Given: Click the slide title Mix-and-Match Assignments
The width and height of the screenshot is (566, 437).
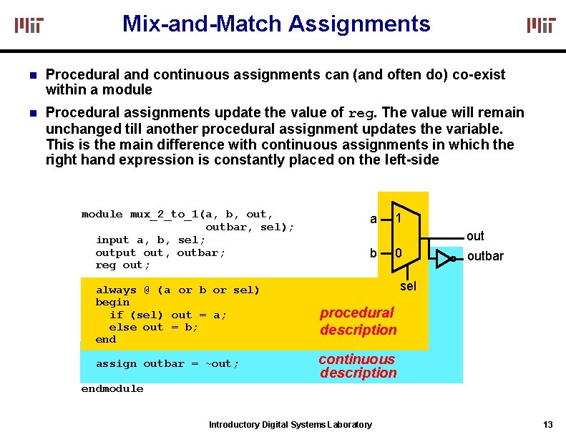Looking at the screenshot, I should pos(276,24).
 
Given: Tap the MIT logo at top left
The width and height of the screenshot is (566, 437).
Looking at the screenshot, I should pos(29,25).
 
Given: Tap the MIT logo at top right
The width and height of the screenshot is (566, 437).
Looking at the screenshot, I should pos(541,25).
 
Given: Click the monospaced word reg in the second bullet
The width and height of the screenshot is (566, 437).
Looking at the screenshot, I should pos(361,114).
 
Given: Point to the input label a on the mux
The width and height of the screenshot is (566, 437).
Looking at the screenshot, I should pos(373,219).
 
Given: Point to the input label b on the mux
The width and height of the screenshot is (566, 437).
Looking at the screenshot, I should pos(373,252).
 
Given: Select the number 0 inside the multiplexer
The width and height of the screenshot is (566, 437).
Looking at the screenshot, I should pos(399,253).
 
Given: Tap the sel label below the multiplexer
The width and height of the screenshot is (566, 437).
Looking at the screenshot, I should pos(408,286).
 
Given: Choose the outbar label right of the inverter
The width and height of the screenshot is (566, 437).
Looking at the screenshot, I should pos(485,256).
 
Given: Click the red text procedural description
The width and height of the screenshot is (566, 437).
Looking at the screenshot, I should pos(358,321).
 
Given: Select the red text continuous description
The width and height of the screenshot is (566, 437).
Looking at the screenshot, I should pos(357,365).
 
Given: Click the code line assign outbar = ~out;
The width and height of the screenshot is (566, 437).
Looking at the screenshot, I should pos(167,363).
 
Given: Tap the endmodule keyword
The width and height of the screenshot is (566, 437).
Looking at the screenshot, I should pos(112,388).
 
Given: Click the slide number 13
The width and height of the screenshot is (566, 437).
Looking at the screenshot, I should pos(547,424).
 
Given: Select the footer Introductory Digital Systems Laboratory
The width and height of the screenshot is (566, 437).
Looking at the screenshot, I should pos(290,425).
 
